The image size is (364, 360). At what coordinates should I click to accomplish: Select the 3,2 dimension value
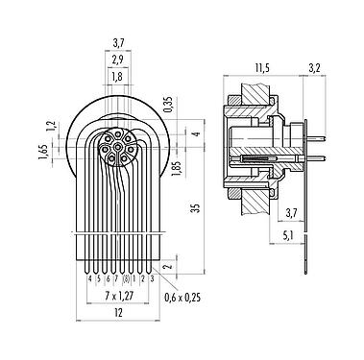click(314, 67)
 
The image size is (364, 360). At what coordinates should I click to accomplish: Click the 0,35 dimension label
click(168, 103)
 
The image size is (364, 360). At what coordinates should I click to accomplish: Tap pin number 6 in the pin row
click(108, 278)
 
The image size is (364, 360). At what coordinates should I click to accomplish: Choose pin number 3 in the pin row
click(153, 278)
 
